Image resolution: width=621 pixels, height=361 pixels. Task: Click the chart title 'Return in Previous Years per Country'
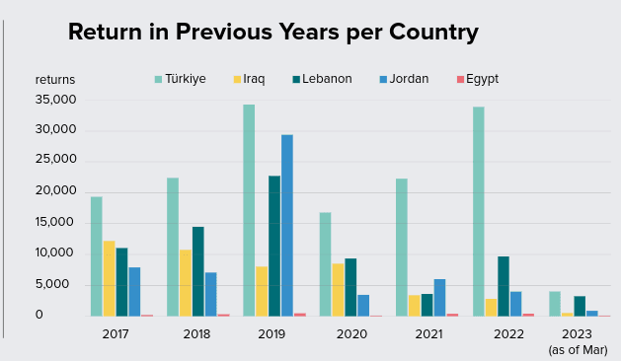pos(272,32)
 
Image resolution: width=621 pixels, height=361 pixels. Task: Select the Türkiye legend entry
pos(180,79)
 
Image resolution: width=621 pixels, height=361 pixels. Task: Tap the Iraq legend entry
pos(250,79)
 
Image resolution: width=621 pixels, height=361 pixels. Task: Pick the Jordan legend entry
pos(403,79)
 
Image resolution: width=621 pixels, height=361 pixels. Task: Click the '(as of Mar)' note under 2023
pos(579,349)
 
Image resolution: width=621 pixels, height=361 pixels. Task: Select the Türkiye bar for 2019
pos(249,210)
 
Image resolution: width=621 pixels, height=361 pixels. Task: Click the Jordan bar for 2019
pos(287,225)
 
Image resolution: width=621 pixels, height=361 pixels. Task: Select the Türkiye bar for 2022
pos(478,211)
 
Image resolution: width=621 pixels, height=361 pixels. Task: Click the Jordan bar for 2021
pos(439,297)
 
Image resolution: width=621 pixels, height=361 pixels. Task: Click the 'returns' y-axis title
pos(55,80)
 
